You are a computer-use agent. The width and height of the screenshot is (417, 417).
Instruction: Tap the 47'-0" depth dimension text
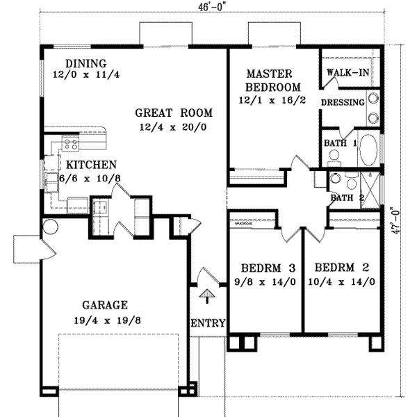397,220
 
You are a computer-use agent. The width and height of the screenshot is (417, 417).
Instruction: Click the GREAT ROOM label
174,113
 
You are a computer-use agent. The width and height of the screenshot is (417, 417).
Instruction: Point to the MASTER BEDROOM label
272,81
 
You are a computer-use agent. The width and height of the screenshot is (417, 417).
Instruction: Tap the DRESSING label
343,103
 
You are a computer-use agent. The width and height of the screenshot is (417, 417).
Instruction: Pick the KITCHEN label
91,165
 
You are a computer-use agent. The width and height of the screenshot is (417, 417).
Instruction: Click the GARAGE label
106,304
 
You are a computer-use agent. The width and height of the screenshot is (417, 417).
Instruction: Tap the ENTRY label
207,323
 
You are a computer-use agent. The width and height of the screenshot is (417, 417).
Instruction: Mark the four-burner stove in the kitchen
70,145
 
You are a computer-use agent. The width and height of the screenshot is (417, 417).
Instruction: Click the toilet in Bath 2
336,179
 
